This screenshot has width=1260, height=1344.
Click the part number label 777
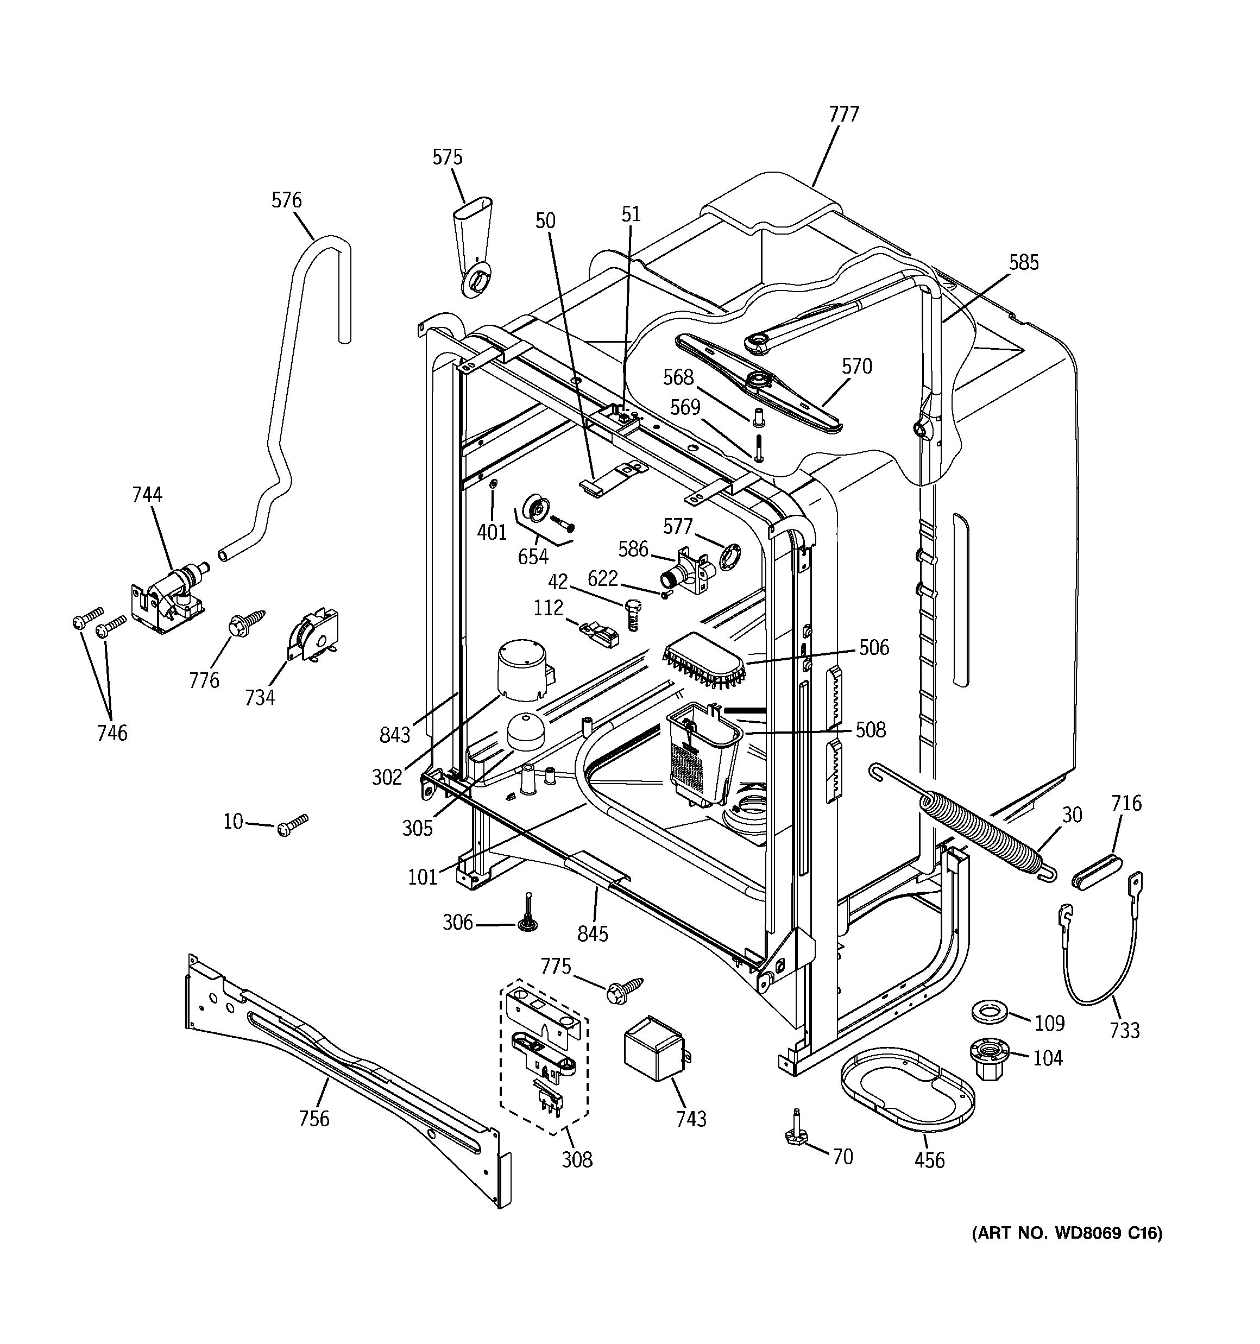coord(843,115)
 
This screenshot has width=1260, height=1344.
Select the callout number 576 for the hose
coord(287,200)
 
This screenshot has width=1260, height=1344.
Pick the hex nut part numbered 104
coord(990,1058)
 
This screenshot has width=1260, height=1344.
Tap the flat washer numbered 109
coord(990,1014)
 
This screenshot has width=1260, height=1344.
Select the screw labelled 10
coord(292,825)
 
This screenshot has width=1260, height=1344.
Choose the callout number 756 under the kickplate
coord(314,1119)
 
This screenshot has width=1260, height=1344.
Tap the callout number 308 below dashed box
coord(576,1160)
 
